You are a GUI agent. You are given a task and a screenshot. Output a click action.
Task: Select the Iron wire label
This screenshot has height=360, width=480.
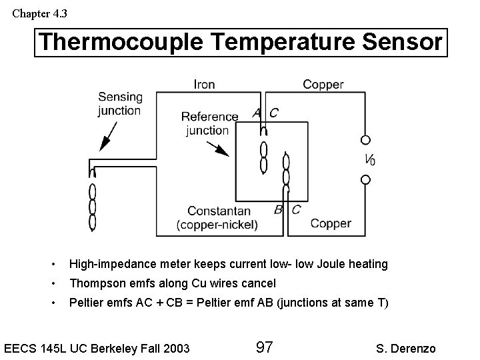point(204,84)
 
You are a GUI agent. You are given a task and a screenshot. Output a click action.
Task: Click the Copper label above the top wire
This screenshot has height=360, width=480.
point(323,84)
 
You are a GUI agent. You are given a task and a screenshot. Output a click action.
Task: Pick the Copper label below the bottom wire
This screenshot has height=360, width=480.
point(331,223)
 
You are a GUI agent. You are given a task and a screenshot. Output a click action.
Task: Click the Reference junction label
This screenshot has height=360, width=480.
point(209,123)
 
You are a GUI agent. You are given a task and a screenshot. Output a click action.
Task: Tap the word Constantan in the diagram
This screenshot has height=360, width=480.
point(219,211)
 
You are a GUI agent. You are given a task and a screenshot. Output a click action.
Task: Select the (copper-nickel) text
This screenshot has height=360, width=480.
point(217,225)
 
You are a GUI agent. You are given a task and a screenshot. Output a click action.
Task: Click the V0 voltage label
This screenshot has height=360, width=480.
point(369,159)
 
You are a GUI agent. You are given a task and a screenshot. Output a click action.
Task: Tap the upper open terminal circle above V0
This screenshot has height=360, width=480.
point(365,140)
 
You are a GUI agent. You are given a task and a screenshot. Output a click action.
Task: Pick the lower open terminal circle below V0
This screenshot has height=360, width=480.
point(365,179)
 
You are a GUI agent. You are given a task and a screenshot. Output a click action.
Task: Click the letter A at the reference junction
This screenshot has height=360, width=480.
point(257,113)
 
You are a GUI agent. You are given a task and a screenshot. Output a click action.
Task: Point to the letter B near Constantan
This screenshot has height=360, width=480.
point(278,209)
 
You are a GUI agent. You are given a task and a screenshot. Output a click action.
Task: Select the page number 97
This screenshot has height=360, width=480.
point(264,347)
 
